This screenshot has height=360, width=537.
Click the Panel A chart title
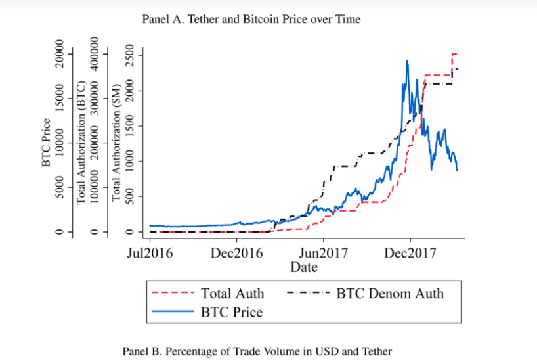click(251, 19)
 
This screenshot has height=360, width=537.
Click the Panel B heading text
click(258, 351)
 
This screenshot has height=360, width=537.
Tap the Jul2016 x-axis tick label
click(149, 254)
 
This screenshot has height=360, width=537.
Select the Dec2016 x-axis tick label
click(236, 254)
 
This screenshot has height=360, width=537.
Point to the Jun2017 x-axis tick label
click(323, 254)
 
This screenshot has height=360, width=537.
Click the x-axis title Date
click(304, 267)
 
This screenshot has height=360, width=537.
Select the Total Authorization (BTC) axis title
click(81, 143)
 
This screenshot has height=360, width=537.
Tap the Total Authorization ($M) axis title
click(117, 143)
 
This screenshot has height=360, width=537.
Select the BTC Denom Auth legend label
click(390, 293)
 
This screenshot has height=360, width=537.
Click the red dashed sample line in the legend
click(172, 293)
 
